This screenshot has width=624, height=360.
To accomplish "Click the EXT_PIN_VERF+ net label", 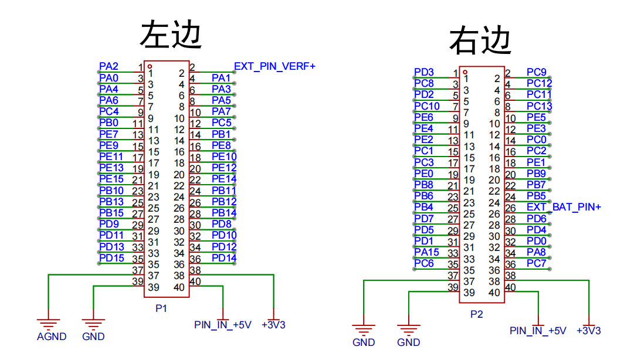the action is [x=274, y=66].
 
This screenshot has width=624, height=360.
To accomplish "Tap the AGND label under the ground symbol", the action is [x=52, y=337].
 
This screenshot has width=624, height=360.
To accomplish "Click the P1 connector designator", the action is [x=161, y=308].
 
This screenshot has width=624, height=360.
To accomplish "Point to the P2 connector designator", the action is [x=476, y=314].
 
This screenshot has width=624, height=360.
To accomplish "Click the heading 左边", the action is [x=171, y=35].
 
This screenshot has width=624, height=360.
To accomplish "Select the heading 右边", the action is [x=481, y=41].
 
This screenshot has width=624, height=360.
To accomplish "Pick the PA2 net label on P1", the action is [x=108, y=66].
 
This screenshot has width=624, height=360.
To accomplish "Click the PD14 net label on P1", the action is [x=224, y=258].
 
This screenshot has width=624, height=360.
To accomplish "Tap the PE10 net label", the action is [x=224, y=157].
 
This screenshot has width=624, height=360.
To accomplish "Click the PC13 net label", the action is [x=539, y=106].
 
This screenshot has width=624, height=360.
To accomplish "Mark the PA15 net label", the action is [x=426, y=252].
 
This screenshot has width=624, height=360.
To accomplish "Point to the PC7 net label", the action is [x=536, y=263].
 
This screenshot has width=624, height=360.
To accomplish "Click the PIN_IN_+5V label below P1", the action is [x=222, y=325].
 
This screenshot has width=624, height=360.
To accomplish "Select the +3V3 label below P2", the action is [x=589, y=331].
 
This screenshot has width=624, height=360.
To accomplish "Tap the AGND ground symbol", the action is [x=49, y=322].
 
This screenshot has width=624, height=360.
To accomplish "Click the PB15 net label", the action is [x=111, y=213].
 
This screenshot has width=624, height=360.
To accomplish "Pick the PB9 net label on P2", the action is [x=536, y=174].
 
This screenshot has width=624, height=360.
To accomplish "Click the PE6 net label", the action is [x=423, y=117].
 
